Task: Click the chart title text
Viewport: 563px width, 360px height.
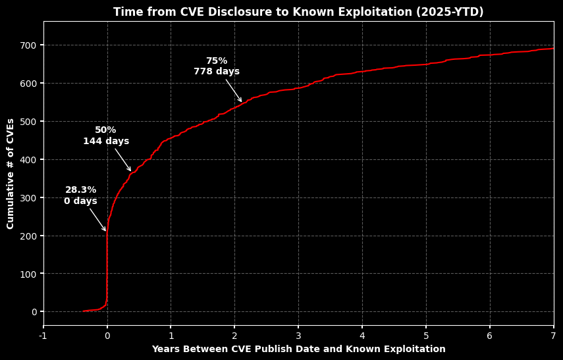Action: tap(298, 13)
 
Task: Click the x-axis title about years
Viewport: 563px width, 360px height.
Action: tap(298, 349)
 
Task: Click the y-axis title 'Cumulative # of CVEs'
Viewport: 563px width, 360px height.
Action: tap(11, 174)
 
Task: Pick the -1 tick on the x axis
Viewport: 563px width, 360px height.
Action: tap(43, 336)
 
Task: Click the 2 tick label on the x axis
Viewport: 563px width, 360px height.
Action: tap(234, 336)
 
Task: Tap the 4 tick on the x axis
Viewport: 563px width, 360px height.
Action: tap(362, 336)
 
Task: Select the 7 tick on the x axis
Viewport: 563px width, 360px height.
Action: tap(553, 336)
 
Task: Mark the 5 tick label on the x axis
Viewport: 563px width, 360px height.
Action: tap(426, 336)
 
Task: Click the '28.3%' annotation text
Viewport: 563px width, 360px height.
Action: tap(80, 190)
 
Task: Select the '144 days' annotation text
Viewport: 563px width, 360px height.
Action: tap(106, 141)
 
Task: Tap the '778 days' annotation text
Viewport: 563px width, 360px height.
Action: tap(217, 72)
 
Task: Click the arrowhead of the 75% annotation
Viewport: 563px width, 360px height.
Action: tap(241, 101)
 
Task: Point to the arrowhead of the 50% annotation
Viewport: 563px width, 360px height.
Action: tap(130, 171)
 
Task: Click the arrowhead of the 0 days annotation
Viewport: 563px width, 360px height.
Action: tap(105, 231)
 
